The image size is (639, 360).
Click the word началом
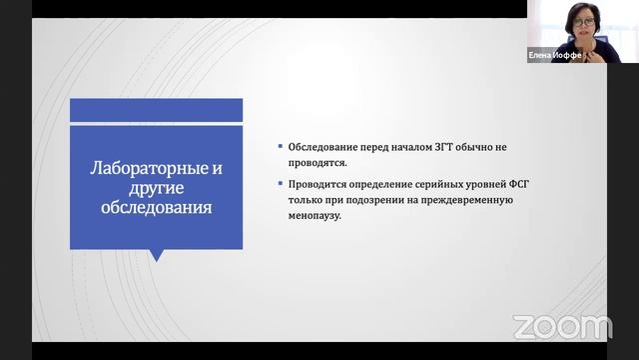(x=398, y=147)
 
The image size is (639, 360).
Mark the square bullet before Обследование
(x=281, y=147)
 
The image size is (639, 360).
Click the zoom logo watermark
(x=561, y=326)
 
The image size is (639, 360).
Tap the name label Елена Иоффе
(x=554, y=56)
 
